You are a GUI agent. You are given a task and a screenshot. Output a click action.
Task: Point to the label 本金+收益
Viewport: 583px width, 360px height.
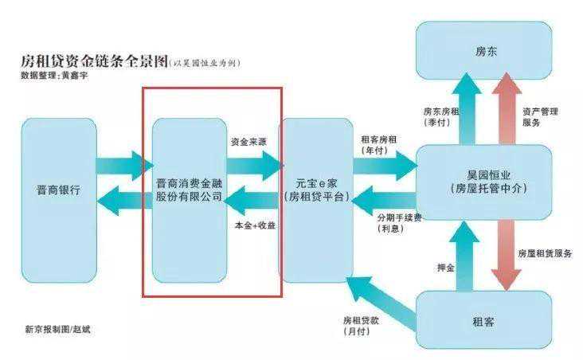(254, 225)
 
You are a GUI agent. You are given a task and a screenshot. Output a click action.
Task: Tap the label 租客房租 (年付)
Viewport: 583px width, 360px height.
(381, 143)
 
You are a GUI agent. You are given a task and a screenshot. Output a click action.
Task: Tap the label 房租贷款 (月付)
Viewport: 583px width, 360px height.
(359, 325)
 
